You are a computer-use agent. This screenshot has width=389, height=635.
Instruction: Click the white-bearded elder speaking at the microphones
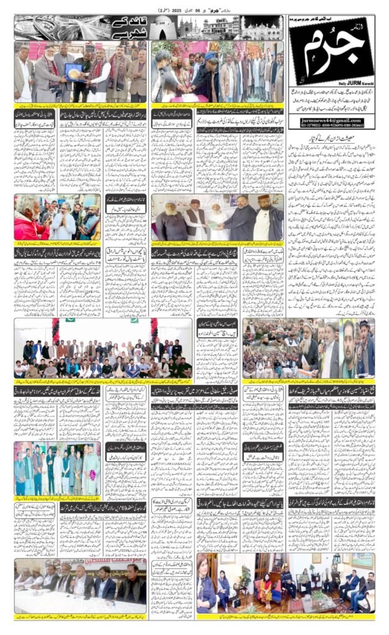pos(308,349)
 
